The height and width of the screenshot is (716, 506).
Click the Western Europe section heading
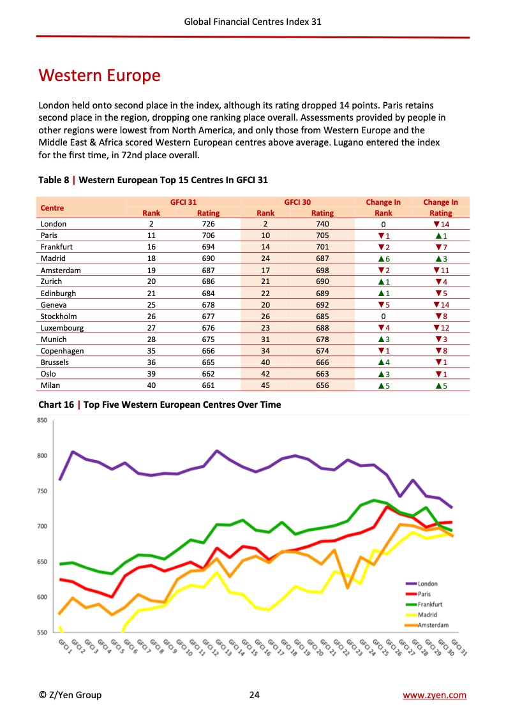tap(100, 76)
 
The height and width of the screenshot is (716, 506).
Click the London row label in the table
tap(54, 224)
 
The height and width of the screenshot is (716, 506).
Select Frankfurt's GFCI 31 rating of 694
tap(208, 247)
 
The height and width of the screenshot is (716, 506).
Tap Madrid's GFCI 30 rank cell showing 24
tap(265, 258)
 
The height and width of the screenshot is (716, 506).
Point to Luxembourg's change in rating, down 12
tap(441, 327)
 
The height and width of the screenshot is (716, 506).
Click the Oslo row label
tap(49, 373)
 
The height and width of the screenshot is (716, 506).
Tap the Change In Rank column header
tap(383, 207)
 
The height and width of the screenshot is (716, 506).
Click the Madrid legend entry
tap(427, 615)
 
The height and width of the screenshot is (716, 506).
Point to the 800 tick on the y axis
tap(42, 456)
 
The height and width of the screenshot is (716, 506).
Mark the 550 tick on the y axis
tap(42, 632)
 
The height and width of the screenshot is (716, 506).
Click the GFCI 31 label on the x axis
tap(459, 647)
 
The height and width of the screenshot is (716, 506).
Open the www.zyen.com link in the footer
tap(434, 695)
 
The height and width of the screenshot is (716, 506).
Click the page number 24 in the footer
tap(254, 695)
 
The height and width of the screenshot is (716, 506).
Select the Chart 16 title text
tap(160, 405)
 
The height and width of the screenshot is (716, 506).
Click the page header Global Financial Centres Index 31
tap(253, 21)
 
